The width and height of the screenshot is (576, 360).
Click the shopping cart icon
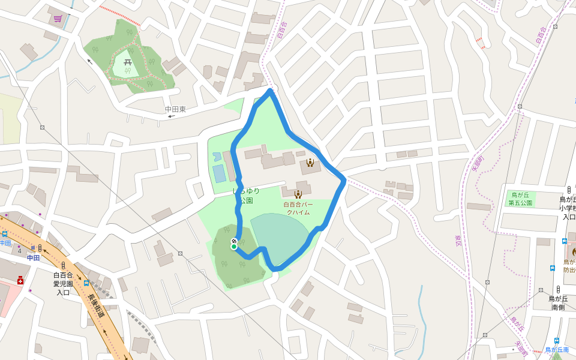point(58,19)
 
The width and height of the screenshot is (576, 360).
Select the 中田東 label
point(175,109)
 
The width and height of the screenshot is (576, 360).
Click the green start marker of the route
point(234,247)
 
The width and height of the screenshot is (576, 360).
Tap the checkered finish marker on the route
point(234,241)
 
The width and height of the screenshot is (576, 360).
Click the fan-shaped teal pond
point(282,237)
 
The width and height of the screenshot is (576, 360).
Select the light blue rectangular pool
point(220,173)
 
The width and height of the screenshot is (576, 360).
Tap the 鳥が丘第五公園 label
point(521,199)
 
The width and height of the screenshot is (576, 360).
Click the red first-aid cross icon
point(20,280)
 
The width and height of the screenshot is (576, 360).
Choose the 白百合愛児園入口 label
point(63,284)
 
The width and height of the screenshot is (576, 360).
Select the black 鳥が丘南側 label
point(558,302)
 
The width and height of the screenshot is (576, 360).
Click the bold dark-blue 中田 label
point(33,258)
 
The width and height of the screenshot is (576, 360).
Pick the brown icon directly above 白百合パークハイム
point(298,194)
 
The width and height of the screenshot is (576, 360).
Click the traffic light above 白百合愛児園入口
point(63,265)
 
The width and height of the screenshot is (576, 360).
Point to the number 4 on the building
point(20,251)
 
